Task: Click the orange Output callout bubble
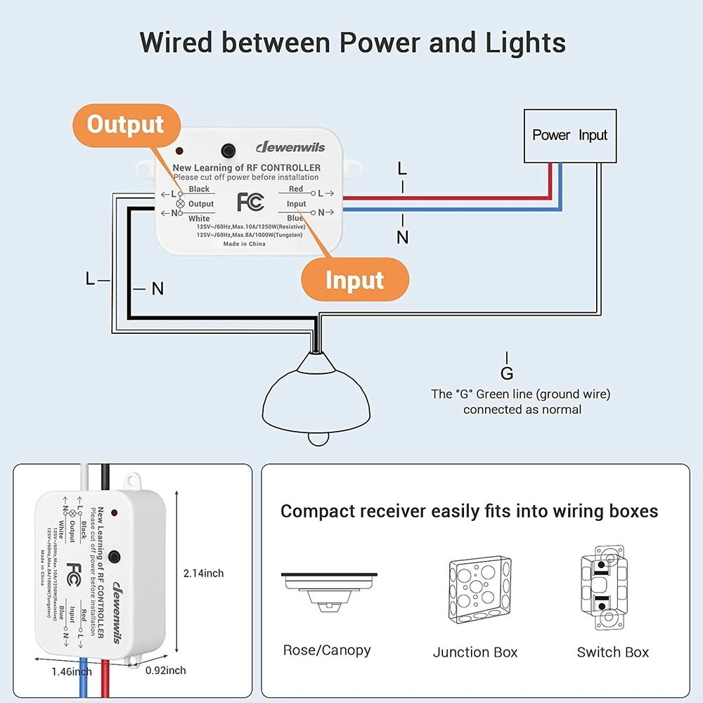(125, 125)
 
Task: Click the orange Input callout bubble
(354, 280)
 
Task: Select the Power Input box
(569, 135)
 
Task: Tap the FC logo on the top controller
(250, 202)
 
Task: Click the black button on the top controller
(228, 150)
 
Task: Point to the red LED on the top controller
(181, 151)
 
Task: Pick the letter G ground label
(507, 373)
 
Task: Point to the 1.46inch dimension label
(71, 671)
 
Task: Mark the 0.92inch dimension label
(165, 671)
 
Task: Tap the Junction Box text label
(475, 652)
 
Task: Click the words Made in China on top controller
(244, 244)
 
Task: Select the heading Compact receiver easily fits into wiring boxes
(469, 511)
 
